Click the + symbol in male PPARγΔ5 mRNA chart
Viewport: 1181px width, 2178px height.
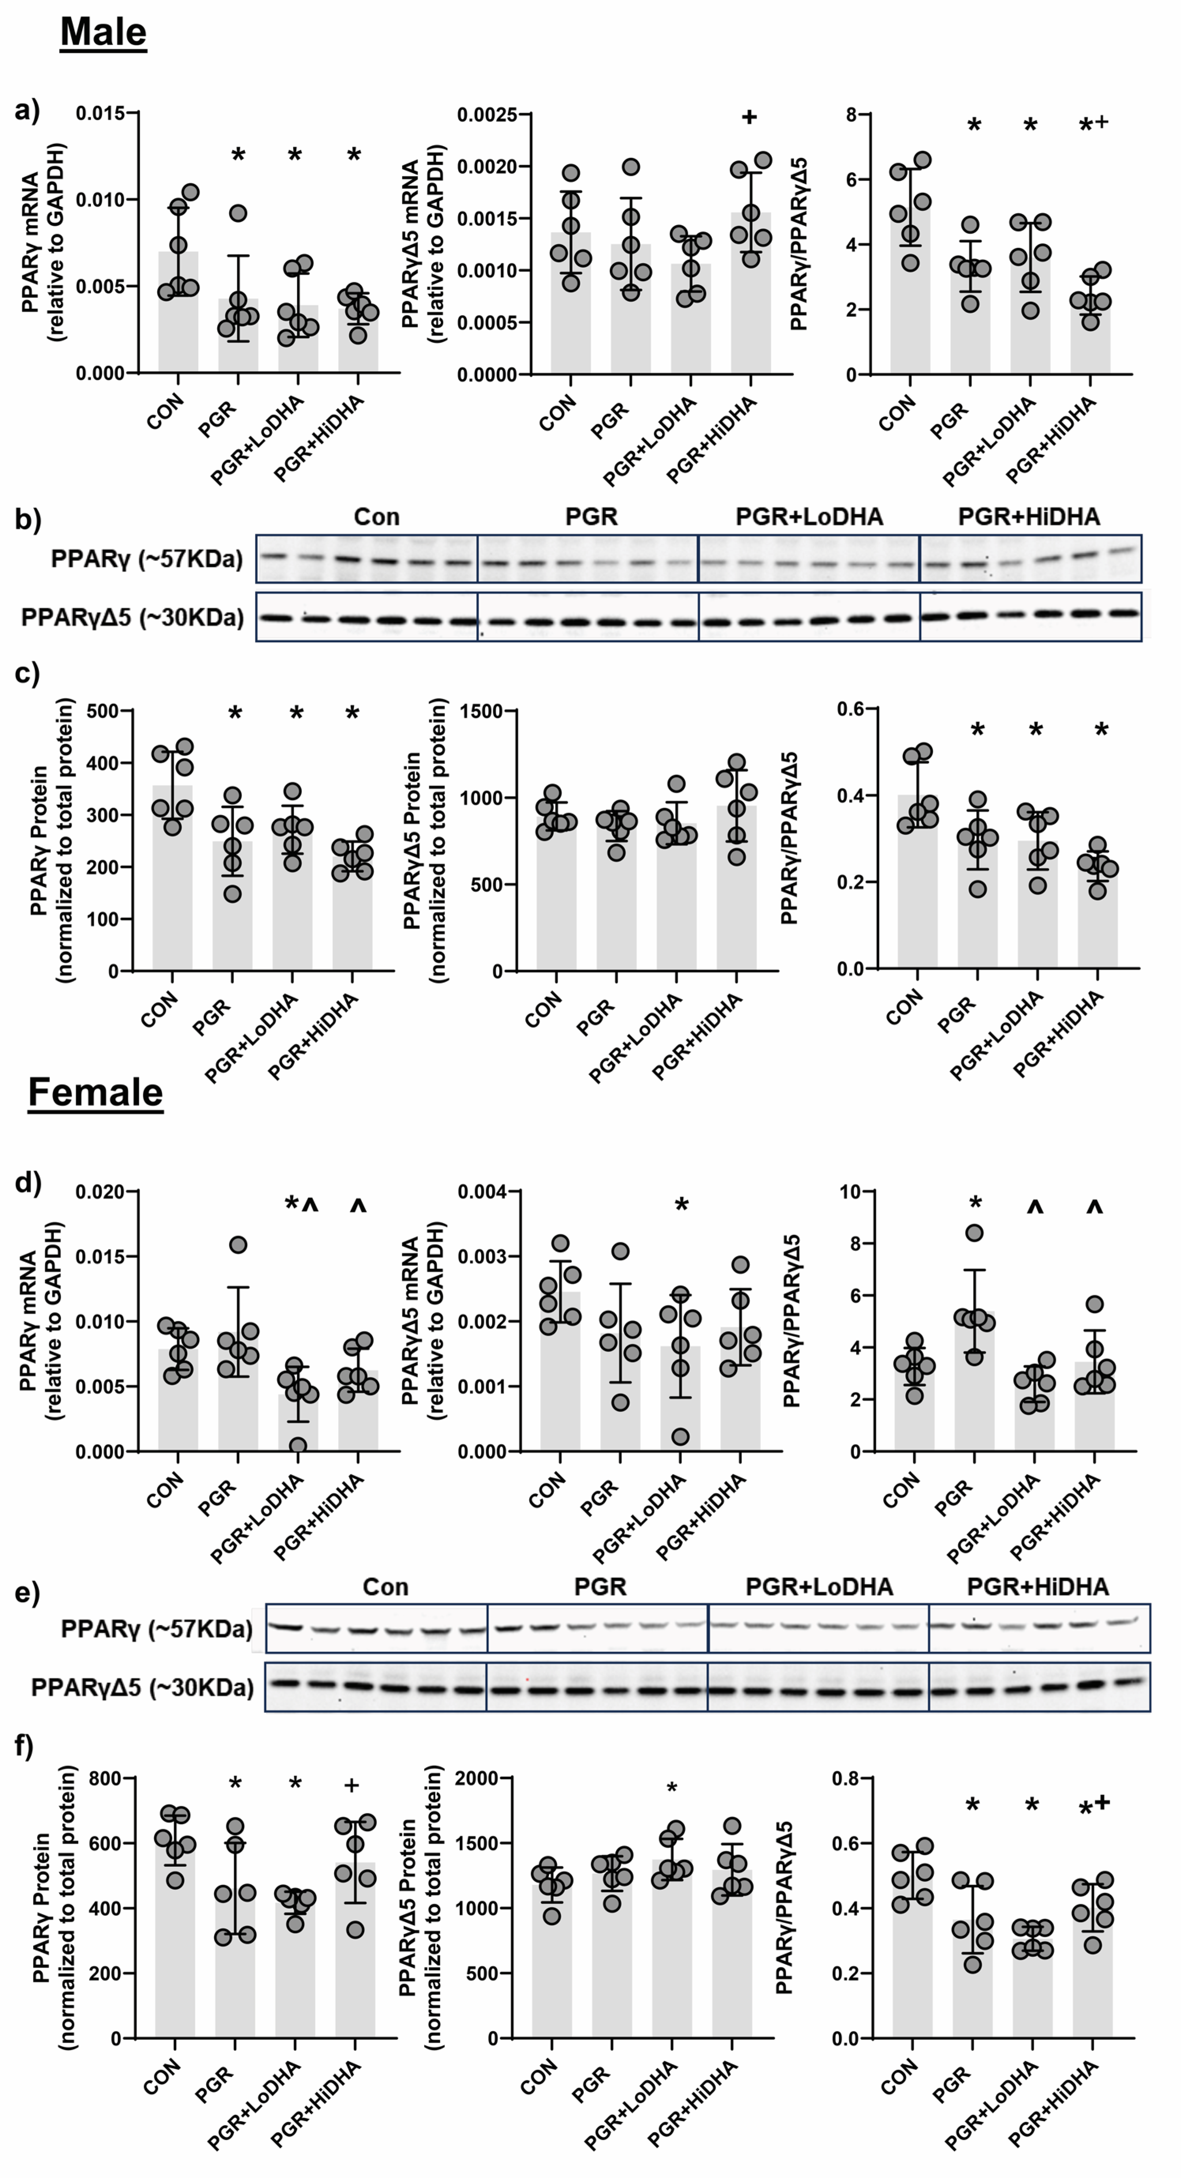tap(749, 117)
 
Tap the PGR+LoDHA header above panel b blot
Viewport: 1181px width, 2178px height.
tap(809, 517)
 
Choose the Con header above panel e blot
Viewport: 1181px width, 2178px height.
tap(386, 1587)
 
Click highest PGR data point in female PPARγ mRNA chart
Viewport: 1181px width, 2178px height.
tap(239, 1245)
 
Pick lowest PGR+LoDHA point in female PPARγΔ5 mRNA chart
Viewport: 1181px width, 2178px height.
tap(681, 1436)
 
